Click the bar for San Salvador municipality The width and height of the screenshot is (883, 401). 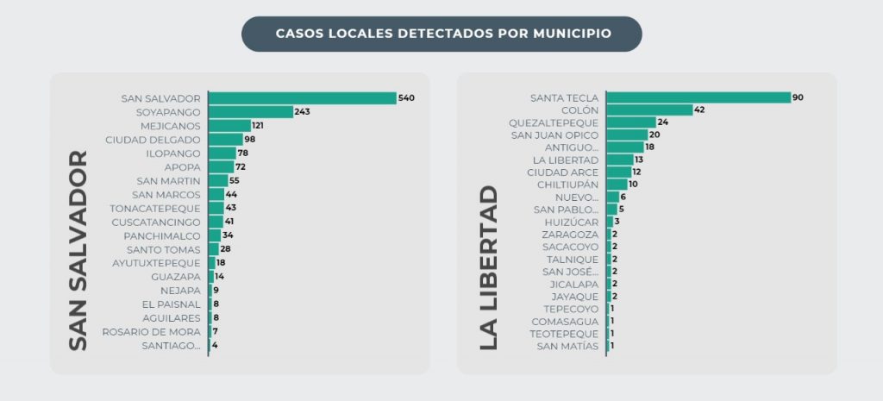(302, 98)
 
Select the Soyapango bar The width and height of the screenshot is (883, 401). (251, 112)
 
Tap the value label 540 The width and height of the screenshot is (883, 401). (407, 98)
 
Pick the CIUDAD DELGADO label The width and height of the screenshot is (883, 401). (153, 140)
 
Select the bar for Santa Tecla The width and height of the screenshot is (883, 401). (698, 97)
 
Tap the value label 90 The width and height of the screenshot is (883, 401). (798, 97)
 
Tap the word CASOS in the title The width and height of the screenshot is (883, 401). (297, 34)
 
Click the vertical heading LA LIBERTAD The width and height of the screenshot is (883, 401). (488, 267)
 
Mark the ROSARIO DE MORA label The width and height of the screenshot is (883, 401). (151, 332)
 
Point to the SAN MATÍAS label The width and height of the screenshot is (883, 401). (567, 346)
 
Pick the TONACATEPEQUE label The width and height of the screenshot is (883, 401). (154, 209)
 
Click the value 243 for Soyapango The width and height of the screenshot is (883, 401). (303, 112)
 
